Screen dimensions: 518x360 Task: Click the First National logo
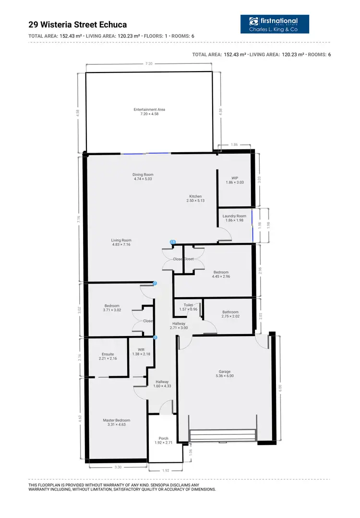tap(275, 24)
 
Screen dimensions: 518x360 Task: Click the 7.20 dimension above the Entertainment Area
tap(149, 63)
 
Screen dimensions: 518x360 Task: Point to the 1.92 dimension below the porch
tap(166, 470)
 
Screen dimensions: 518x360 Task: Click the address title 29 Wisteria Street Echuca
tap(78, 24)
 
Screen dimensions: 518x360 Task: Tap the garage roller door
tap(222, 435)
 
